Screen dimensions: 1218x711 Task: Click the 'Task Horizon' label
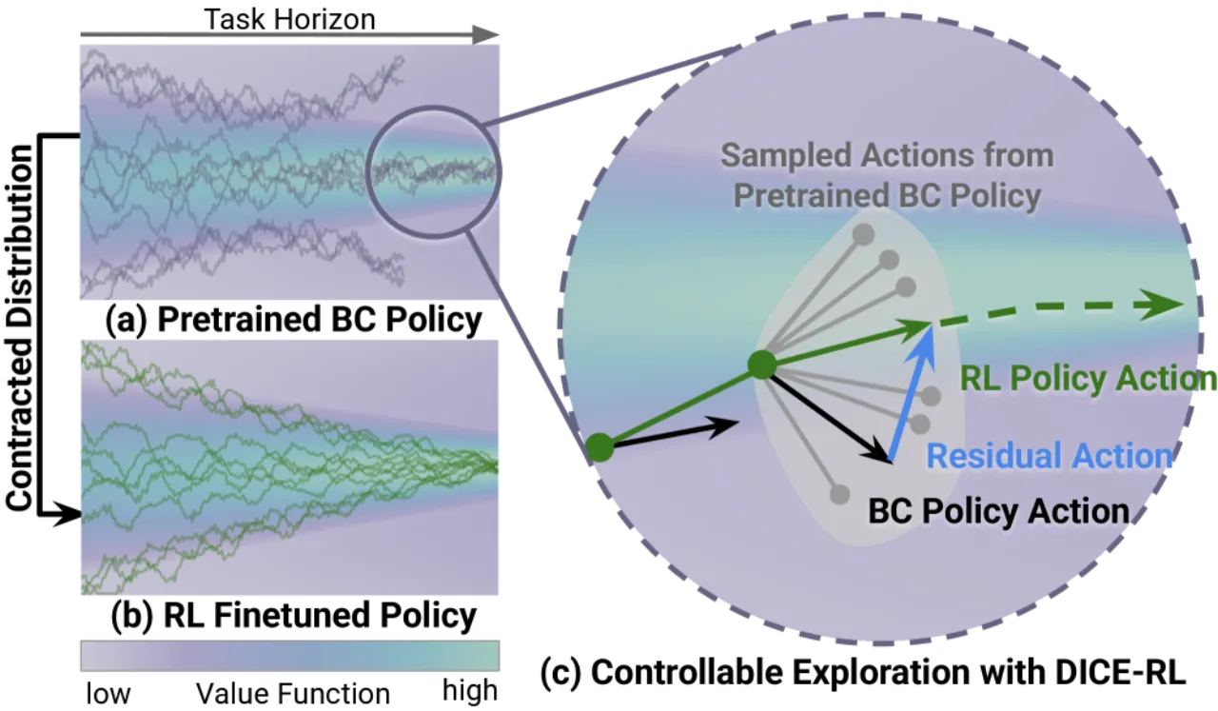pos(290,19)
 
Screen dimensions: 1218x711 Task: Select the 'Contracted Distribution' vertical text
pos(20,328)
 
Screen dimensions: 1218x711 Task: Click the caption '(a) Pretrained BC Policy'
pos(294,319)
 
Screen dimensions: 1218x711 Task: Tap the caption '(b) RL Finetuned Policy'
pos(294,615)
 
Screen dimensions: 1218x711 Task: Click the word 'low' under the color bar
pos(108,694)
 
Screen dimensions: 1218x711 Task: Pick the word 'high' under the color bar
pos(470,691)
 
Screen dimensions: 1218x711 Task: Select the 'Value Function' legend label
pos(293,694)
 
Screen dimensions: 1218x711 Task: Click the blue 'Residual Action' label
pos(1050,456)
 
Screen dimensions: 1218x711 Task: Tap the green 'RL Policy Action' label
pos(1088,378)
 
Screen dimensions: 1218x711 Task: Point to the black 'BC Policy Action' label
pos(999,511)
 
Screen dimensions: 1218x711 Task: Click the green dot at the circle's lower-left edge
pos(599,447)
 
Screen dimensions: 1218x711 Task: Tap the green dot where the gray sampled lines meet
pos(762,365)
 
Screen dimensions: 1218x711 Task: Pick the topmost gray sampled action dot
pos(863,234)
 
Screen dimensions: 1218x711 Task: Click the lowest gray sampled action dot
pos(840,495)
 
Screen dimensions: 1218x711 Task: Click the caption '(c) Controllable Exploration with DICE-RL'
pos(863,672)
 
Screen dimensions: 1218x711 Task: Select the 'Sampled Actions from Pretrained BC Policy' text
pos(888,175)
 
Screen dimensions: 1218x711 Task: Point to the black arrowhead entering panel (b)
pos(69,514)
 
